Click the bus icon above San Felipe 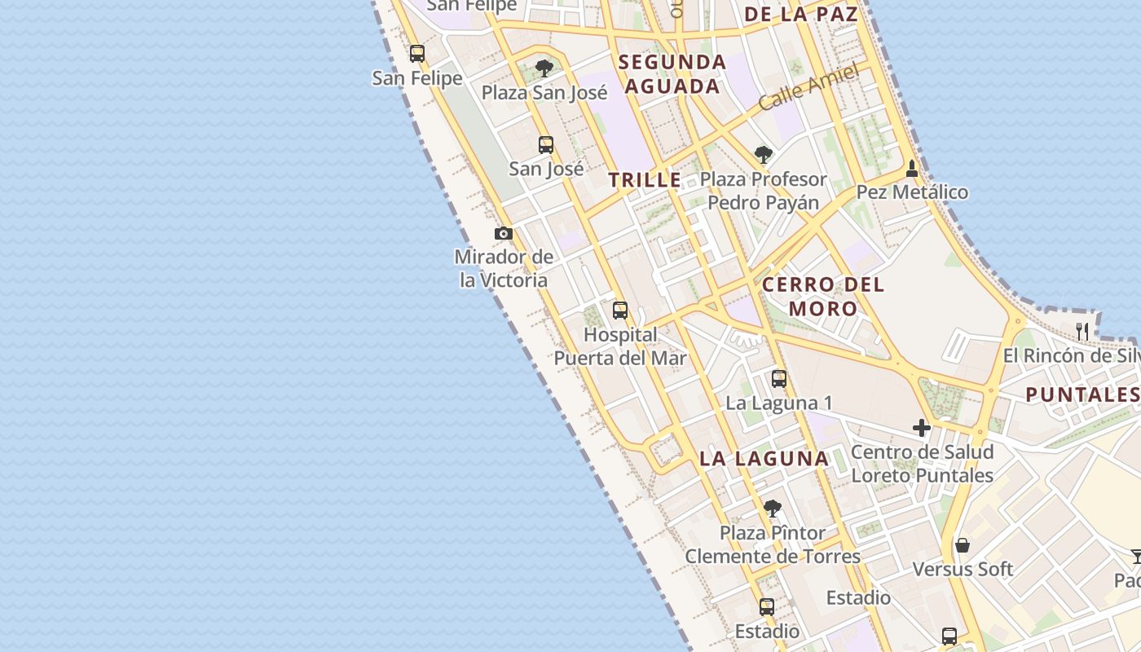417,54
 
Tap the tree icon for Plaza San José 544,68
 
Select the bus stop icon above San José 546,145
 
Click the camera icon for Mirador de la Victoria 504,234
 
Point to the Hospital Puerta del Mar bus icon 620,310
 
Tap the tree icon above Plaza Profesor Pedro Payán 763,154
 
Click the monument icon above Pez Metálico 912,169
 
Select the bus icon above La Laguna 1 779,379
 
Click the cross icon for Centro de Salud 922,428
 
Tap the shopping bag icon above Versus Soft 963,545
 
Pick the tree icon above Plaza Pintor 773,509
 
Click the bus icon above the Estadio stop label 767,606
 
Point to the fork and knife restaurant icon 1082,331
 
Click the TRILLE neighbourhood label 645,180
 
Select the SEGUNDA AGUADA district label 672,74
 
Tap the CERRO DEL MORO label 823,296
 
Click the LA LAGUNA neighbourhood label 764,459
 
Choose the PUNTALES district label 1082,395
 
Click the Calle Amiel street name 808,88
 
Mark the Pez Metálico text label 912,192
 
